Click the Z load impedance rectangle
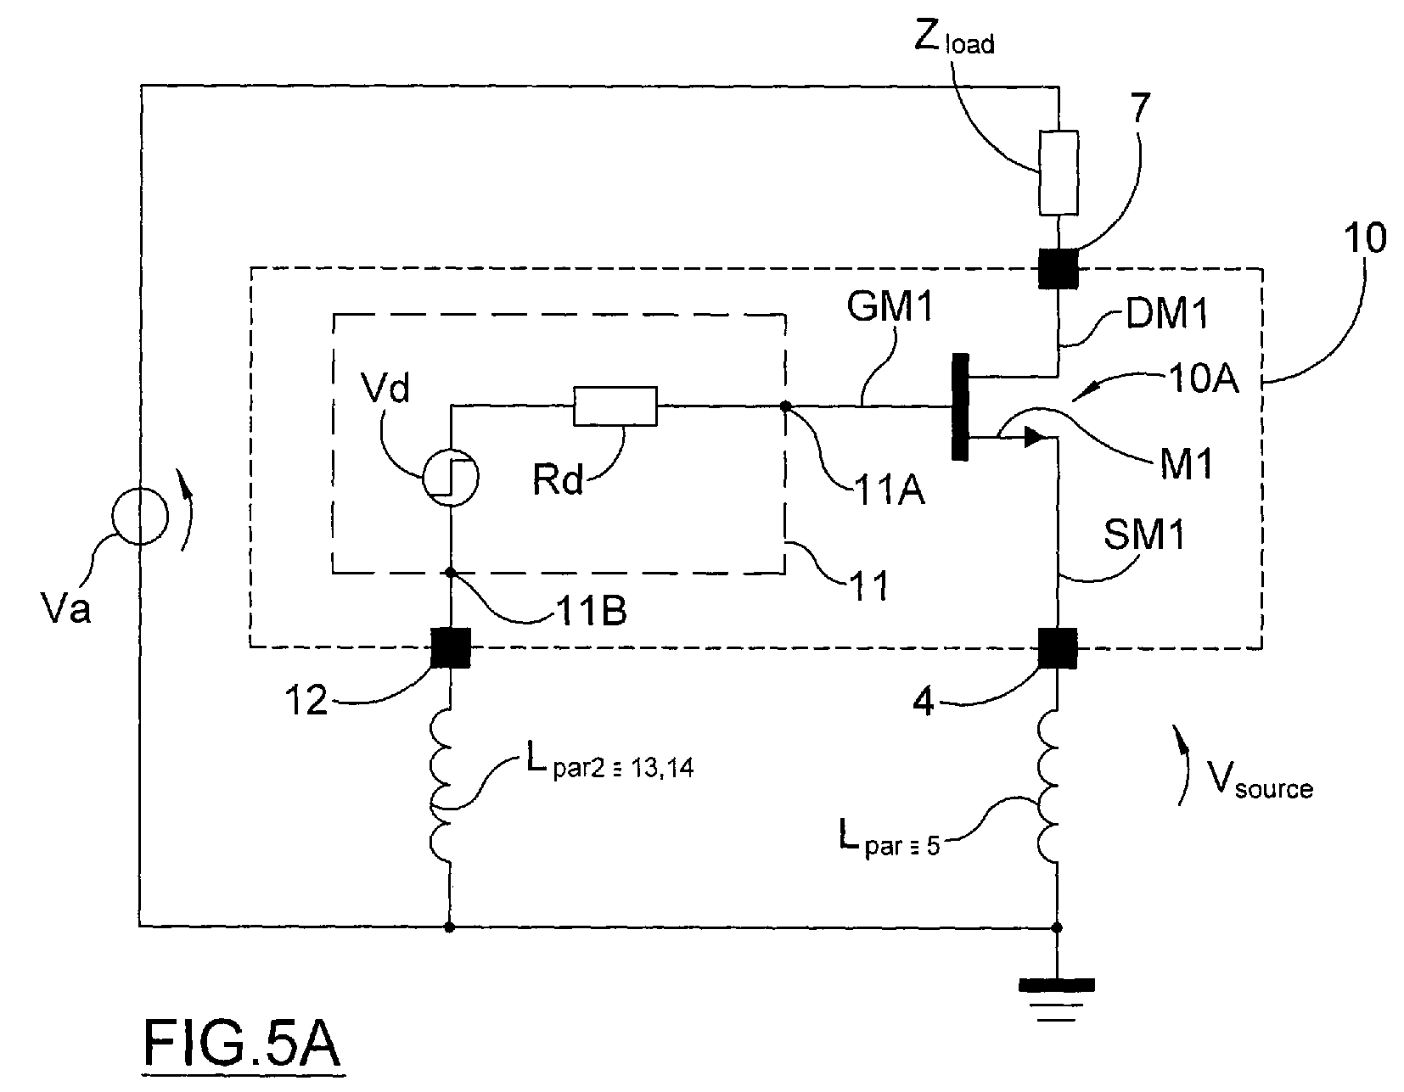click(x=1059, y=172)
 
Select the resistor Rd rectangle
click(x=615, y=406)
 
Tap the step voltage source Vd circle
click(x=451, y=478)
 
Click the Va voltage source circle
click(x=139, y=516)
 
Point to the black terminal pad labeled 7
click(x=1059, y=269)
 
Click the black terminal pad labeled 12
click(x=451, y=647)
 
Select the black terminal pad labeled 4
click(x=1057, y=647)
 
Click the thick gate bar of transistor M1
click(x=961, y=406)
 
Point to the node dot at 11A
click(x=786, y=406)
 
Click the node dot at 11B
click(x=451, y=573)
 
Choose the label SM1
click(x=1144, y=534)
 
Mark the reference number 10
click(x=1365, y=238)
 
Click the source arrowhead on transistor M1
click(x=1035, y=437)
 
